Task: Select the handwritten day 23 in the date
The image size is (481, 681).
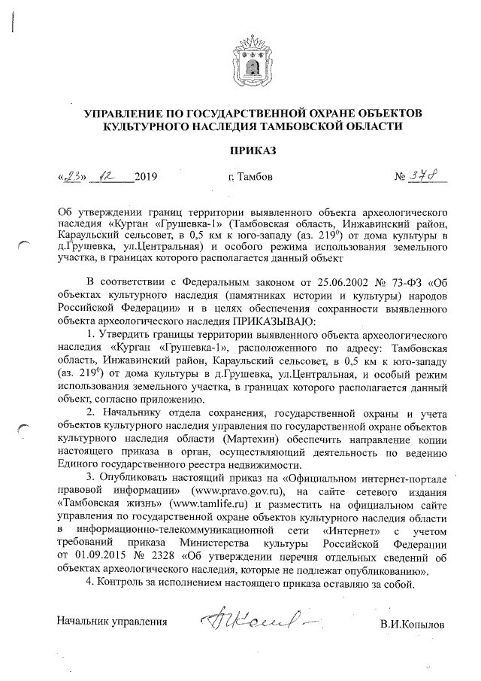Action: [x=73, y=178]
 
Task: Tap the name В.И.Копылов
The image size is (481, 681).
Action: [x=413, y=625]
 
